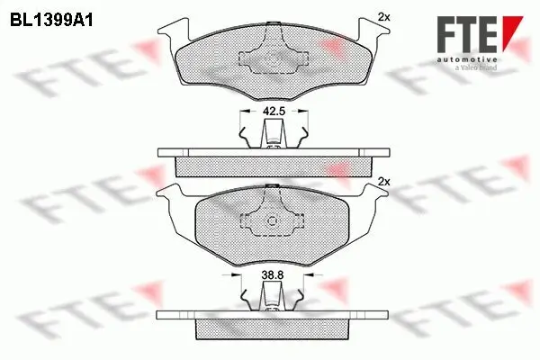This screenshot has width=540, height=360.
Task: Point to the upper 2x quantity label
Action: point(384,16)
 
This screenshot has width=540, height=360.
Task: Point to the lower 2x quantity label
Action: point(384,182)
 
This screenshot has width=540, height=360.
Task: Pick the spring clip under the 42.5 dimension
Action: point(272,134)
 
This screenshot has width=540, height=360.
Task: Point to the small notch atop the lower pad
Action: point(272,185)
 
